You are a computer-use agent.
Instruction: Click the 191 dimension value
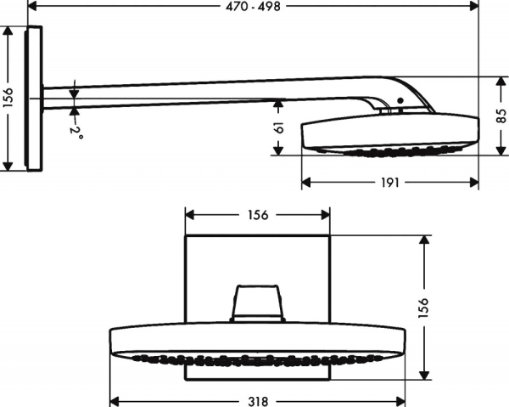click(x=389, y=182)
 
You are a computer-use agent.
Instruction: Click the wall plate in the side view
click(x=35, y=98)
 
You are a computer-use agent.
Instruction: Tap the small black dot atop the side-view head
click(x=400, y=102)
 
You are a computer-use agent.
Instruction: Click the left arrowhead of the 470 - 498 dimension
click(x=33, y=6)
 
